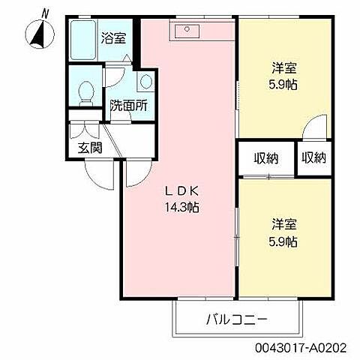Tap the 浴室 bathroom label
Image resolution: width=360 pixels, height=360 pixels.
(114, 35)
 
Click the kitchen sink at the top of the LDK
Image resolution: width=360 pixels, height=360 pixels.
(184, 31)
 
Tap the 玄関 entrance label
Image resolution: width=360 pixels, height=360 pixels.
(91, 147)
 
